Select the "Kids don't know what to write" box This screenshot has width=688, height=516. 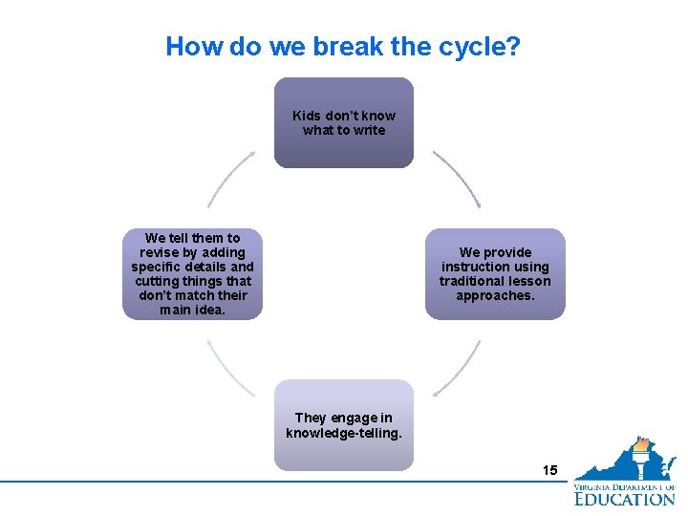pyautogui.click(x=344, y=122)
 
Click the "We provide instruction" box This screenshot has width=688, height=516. pyautogui.click(x=495, y=273)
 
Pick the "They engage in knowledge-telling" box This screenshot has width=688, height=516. pyautogui.click(x=344, y=425)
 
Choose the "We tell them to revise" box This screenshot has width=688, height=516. pyautogui.click(x=192, y=273)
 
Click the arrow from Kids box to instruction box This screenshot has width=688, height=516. pyautogui.click(x=458, y=178)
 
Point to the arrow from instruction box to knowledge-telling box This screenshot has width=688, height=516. pyautogui.click(x=459, y=369)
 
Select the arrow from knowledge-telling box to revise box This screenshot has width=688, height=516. pyautogui.click(x=229, y=369)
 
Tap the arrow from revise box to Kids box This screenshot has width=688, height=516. pyautogui.click(x=230, y=178)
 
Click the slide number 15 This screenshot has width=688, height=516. pyautogui.click(x=549, y=470)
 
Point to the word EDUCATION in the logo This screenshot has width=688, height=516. pyautogui.click(x=624, y=499)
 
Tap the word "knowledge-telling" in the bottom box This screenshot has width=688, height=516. pyautogui.click(x=344, y=433)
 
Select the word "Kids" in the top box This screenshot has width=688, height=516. pyautogui.click(x=306, y=116)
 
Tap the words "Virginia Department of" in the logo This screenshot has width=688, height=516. pyautogui.click(x=624, y=486)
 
